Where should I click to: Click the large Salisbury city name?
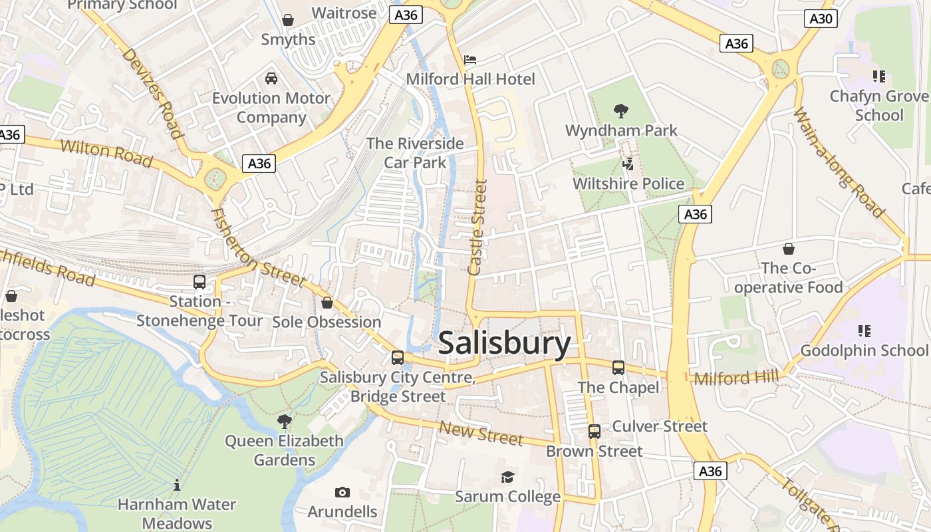(504, 344)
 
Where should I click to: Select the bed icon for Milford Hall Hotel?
(470, 60)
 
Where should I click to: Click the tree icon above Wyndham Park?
(621, 110)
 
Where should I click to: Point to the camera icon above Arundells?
(342, 492)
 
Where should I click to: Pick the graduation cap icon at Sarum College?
(507, 477)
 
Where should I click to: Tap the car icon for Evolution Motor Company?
(271, 78)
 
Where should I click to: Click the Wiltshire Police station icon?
(628, 164)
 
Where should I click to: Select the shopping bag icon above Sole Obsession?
(327, 303)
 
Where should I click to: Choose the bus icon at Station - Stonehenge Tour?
(199, 281)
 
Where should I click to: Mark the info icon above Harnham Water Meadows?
(177, 485)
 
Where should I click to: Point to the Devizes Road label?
(152, 93)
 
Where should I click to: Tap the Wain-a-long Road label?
(839, 163)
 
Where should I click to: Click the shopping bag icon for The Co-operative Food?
(788, 249)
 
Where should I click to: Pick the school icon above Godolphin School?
(864, 331)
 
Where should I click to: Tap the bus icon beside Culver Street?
(595, 431)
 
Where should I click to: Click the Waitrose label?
(344, 13)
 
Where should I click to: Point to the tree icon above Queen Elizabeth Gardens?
(284, 421)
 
